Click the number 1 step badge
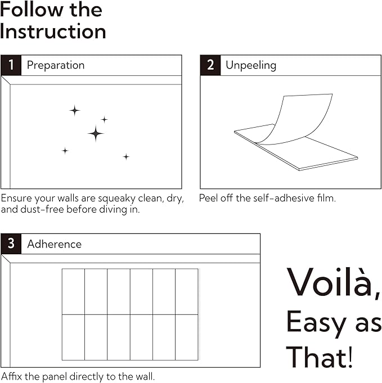coord(11,65)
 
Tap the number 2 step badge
coord(210,65)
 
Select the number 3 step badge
coord(11,244)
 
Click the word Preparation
coord(56,65)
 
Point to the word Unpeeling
coord(251,65)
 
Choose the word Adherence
coord(54,244)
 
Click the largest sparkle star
coord(96,134)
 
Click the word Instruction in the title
coord(53,31)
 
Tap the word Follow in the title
coord(32,10)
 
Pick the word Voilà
coord(334,282)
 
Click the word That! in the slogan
coord(320,357)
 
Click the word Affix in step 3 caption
coord(12,376)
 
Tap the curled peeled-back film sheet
coord(293,120)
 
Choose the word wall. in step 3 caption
coord(145,376)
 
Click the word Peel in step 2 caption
coord(208,198)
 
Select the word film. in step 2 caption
coord(326,198)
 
